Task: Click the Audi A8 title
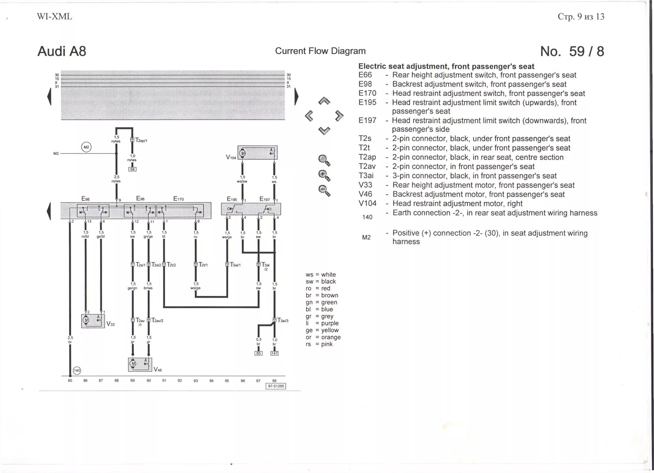click(62, 51)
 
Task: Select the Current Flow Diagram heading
click(320, 51)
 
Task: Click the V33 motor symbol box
click(93, 321)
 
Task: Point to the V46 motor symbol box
click(140, 364)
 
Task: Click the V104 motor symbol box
click(258, 153)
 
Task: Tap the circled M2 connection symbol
click(86, 147)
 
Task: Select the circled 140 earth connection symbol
click(77, 370)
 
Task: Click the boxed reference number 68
click(132, 169)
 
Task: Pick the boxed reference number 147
click(274, 353)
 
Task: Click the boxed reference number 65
click(259, 353)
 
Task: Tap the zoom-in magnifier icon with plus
click(324, 176)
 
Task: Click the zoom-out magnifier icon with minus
click(324, 190)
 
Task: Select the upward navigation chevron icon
click(324, 101)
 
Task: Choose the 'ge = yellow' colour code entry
click(322, 330)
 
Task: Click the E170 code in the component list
click(367, 93)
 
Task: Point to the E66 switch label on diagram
click(85, 199)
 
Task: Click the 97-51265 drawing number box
click(276, 386)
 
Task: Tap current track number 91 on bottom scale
click(164, 381)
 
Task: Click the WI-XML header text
click(54, 17)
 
